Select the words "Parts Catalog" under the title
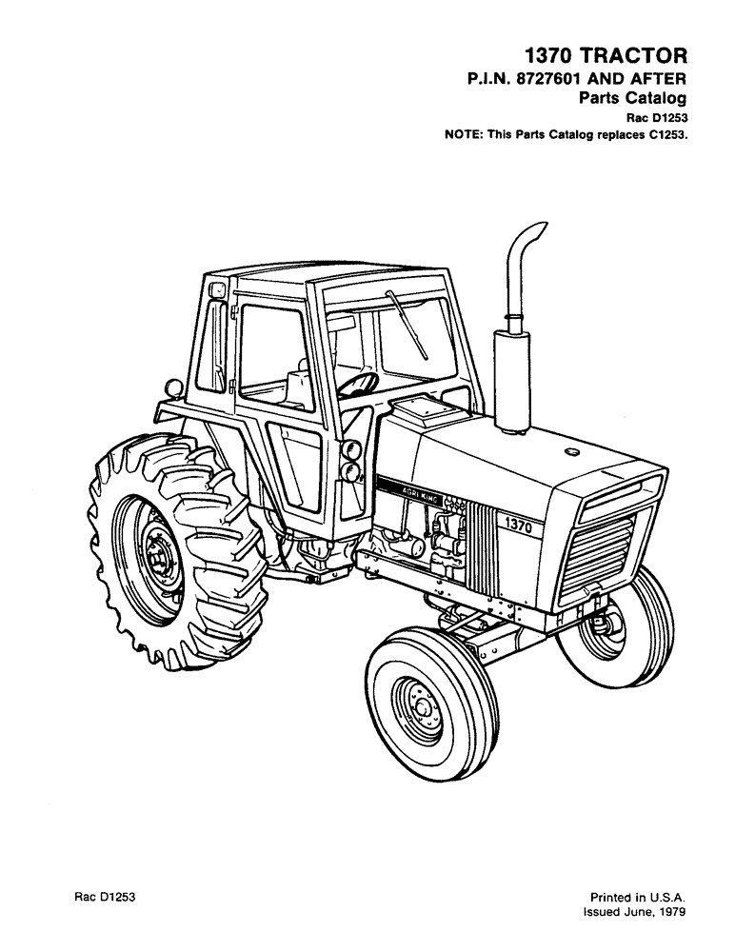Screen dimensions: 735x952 [x=633, y=98]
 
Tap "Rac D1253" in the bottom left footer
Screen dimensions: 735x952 [x=107, y=897]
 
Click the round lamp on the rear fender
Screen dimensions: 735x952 [x=173, y=388]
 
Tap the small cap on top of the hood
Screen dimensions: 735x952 [x=573, y=451]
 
